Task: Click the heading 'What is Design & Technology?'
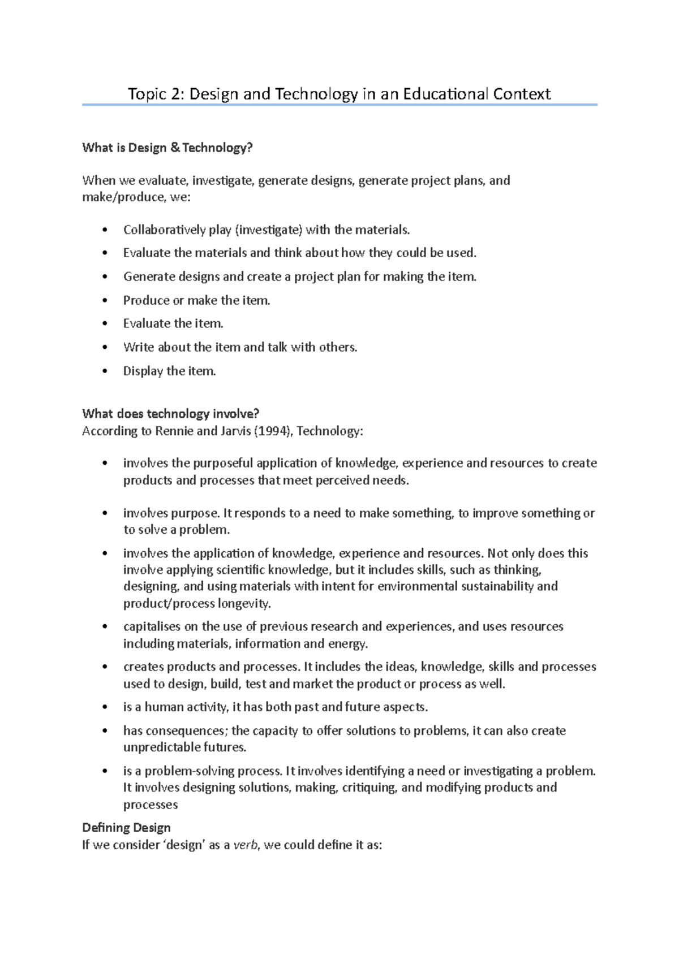coord(167,148)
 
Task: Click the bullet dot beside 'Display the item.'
coord(105,371)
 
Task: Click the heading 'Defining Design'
coord(126,828)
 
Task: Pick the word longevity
coord(244,603)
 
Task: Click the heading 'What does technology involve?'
coord(170,414)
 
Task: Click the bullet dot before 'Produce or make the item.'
coord(105,301)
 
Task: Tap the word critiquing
coord(369,788)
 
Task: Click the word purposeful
coord(223,463)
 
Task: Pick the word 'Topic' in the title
coord(145,94)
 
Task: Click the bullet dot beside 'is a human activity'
coord(105,707)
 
